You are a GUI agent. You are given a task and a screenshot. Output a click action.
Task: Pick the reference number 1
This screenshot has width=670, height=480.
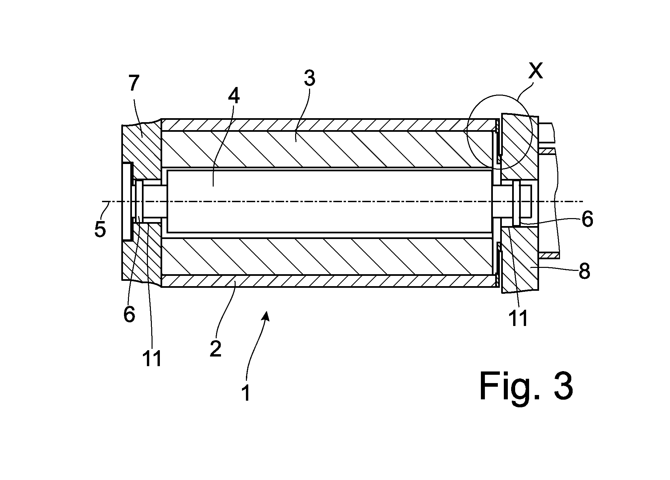pos(246,392)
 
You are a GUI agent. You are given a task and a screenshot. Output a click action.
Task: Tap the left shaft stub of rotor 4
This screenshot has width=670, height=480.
pos(155,201)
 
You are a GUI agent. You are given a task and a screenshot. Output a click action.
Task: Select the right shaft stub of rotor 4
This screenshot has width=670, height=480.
pos(503,201)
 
